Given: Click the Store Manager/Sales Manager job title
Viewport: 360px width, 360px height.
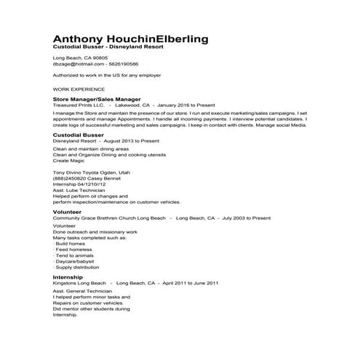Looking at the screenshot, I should tap(97, 99).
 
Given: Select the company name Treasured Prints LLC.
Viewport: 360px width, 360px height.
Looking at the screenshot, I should tap(79, 105).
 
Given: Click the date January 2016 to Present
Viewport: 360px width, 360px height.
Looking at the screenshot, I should tap(186, 105).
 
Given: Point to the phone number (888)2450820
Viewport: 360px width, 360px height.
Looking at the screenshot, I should tap(69, 178).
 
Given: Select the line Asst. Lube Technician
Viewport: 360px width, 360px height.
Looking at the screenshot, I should tap(76, 191).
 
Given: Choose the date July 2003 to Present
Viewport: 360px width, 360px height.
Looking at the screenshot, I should tap(247, 217).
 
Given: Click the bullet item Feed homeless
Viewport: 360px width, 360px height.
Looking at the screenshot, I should tap(73, 249).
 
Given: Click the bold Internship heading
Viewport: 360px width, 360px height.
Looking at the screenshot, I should tap(68, 277).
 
